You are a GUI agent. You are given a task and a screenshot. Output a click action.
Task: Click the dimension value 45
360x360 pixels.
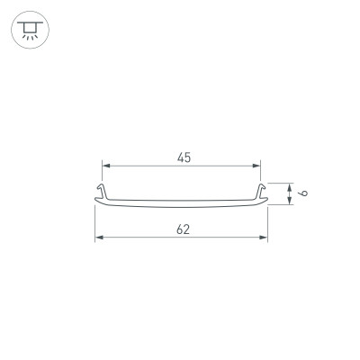[x=183, y=157]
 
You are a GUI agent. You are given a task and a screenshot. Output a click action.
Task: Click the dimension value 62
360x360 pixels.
[x=183, y=229]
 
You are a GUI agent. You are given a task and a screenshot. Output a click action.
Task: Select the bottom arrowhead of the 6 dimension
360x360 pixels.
[x=289, y=201]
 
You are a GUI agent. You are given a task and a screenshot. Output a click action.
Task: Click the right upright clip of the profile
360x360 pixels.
[x=261, y=192]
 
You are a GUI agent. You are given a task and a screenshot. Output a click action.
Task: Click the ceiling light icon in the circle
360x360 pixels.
[x=28, y=28]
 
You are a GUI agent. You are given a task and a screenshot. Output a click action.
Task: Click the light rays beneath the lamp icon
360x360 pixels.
[x=28, y=36]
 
